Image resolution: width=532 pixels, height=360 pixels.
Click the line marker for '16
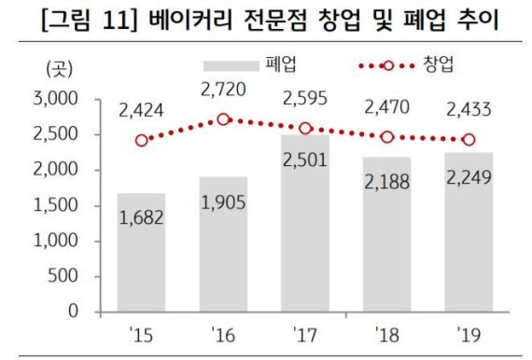(x=223, y=119)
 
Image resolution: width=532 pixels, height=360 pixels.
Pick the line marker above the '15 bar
(x=142, y=141)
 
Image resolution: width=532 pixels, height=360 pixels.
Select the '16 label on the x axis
(x=223, y=331)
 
